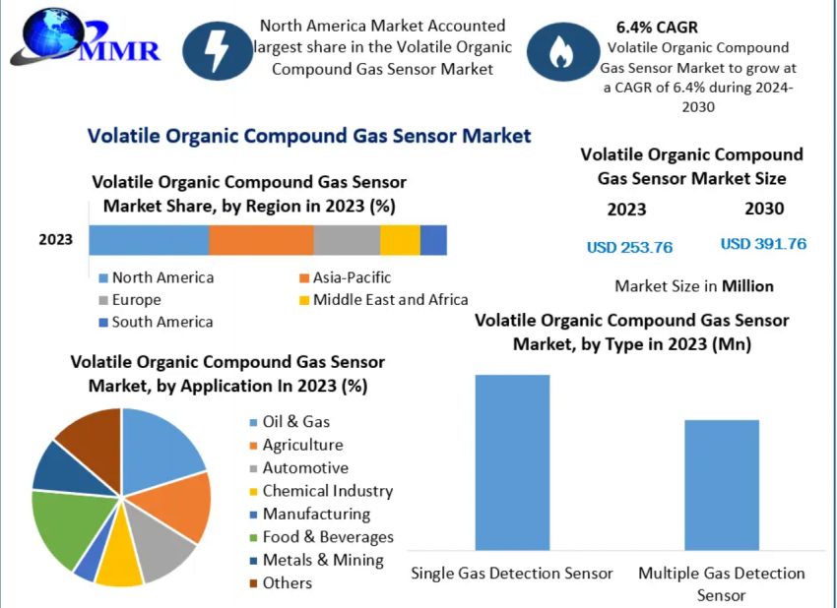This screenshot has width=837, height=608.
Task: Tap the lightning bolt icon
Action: [x=215, y=48]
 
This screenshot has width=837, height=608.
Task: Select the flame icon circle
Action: [x=560, y=51]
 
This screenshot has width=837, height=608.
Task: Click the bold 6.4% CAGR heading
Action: [x=657, y=27]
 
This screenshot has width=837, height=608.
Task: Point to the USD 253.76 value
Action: [x=629, y=247]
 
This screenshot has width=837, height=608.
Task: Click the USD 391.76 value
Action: [x=763, y=244]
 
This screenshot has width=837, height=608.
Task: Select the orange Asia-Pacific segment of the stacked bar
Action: [x=261, y=240]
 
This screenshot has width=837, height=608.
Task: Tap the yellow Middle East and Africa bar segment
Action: [x=400, y=240]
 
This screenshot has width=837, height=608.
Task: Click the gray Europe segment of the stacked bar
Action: [x=347, y=240]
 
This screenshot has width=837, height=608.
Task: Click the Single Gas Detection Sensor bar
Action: [x=512, y=462]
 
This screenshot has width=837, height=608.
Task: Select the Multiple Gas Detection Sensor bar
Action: [x=722, y=485]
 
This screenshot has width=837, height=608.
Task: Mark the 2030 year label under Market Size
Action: [x=764, y=209]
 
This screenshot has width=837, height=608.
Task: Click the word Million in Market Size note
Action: [x=747, y=286]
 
